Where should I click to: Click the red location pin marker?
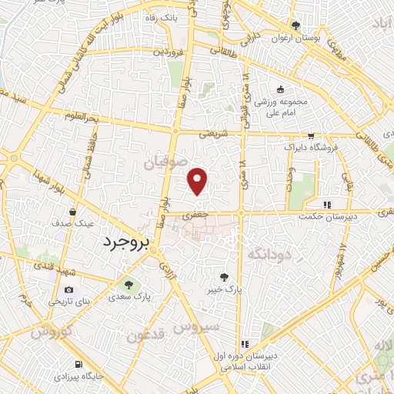tap(199, 181)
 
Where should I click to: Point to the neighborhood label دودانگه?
tap(270, 252)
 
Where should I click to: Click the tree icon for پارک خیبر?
tap(224, 276)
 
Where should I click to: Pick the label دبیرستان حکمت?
tap(328, 217)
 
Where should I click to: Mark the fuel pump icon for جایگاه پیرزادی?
tap(78, 365)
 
